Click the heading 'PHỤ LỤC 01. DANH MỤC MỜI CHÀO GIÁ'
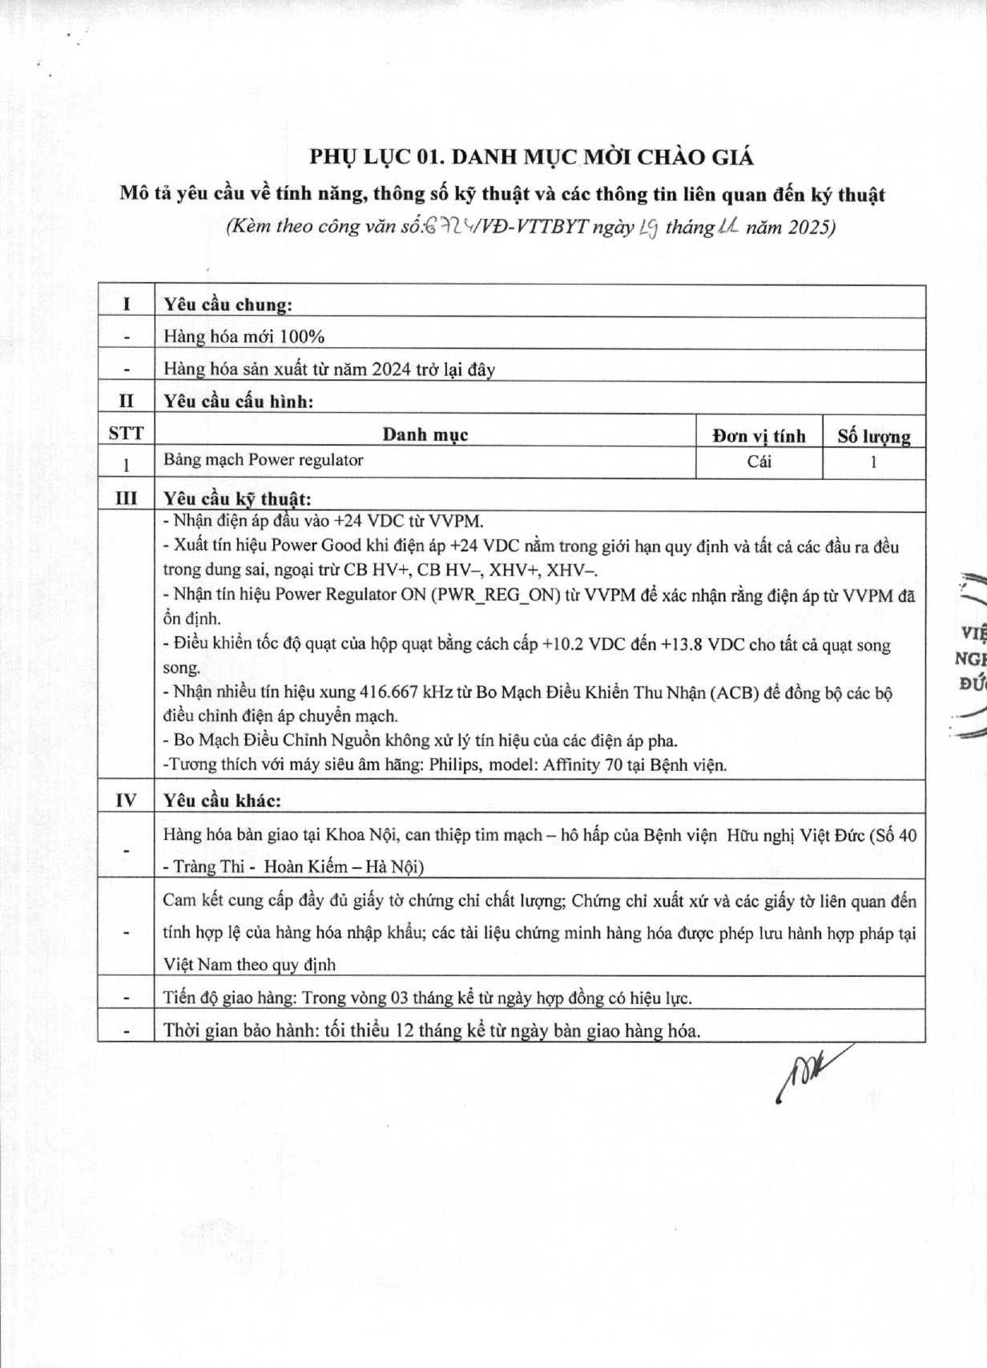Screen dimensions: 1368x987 (x=531, y=157)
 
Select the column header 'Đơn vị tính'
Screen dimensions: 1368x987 (x=759, y=435)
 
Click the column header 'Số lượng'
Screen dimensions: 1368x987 (x=874, y=436)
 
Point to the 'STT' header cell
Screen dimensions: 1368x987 (x=126, y=434)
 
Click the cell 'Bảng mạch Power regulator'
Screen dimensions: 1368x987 (x=264, y=460)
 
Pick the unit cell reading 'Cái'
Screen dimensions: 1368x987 (x=759, y=462)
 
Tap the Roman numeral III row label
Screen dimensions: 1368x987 (x=126, y=498)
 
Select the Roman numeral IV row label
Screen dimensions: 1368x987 (x=126, y=800)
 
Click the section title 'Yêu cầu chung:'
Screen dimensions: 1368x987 (x=228, y=305)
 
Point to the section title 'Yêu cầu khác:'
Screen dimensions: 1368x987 (x=222, y=801)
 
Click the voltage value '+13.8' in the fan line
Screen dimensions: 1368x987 (x=682, y=645)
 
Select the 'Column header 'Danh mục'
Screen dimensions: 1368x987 (x=425, y=435)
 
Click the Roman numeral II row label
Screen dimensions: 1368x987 (x=126, y=401)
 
